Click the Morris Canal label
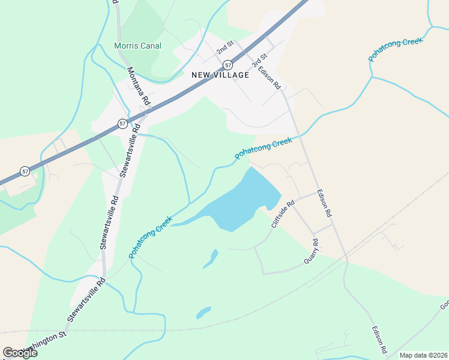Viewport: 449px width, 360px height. coord(137,46)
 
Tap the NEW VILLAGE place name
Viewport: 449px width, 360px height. coord(220,75)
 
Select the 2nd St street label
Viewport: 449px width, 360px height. coord(225,46)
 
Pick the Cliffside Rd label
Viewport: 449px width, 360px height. coord(283,214)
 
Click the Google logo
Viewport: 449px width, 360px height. coord(20,353)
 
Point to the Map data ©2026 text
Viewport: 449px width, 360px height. coord(423,355)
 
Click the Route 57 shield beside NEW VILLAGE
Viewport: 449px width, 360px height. coord(228,64)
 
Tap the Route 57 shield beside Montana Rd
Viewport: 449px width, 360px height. coord(122,123)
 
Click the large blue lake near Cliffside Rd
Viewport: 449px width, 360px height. coord(240,204)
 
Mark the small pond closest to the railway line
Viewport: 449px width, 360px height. coord(203,313)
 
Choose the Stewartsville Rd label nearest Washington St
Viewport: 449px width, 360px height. coord(86,298)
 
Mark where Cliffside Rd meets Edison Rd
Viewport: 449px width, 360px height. coord(316,194)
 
